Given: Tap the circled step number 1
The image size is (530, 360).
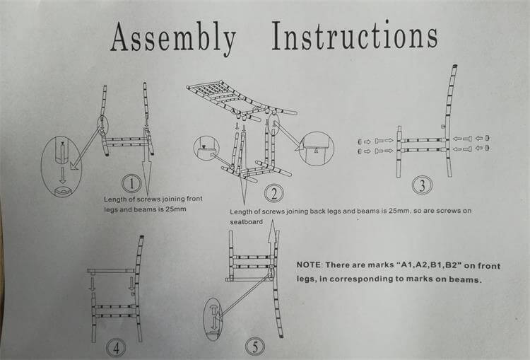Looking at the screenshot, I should coord(131,184).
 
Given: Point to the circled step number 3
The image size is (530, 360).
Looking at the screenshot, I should coord(423,186).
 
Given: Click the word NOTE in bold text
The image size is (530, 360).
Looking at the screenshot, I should coord(309,265).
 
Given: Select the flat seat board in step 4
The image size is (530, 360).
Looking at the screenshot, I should coord(111,270).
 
